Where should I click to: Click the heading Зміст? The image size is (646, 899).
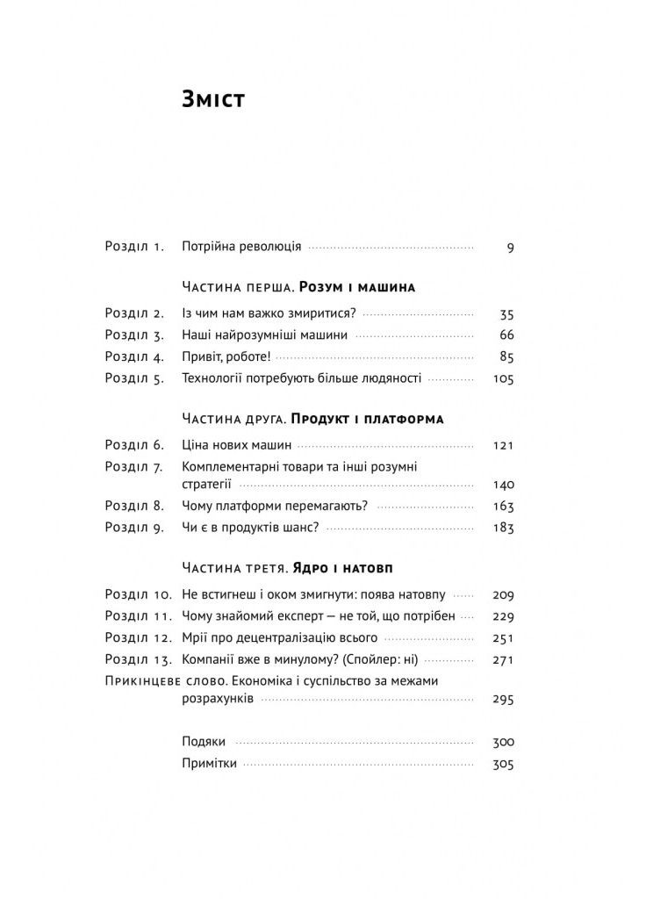(212, 100)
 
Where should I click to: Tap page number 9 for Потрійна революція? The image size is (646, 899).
(510, 248)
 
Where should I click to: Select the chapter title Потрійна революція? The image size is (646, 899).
(241, 248)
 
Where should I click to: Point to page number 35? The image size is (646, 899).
(506, 313)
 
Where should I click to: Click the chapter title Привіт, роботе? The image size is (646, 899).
(226, 356)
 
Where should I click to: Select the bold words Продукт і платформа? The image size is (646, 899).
(367, 419)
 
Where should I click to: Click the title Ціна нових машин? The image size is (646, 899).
(236, 445)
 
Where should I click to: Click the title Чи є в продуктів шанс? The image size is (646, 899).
(249, 528)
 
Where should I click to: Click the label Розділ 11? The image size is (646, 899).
(138, 616)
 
